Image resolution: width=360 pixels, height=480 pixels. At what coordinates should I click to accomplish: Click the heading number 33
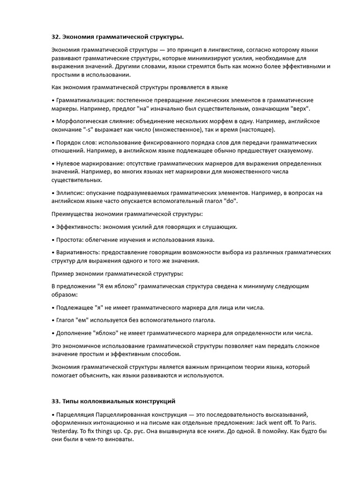[55, 401]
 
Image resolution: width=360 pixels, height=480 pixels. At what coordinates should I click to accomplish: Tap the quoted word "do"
[231, 201]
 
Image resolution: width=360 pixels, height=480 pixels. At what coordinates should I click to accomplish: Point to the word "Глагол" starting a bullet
[66, 320]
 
